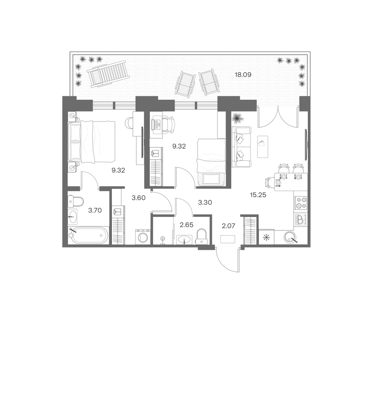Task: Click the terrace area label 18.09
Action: tap(243, 75)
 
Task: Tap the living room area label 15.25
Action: tap(258, 195)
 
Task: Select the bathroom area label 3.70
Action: tap(95, 210)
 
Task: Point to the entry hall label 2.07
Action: tap(228, 226)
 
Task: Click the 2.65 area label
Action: tap(186, 225)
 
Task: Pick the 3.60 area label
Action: tap(139, 198)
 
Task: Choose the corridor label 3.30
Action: tap(205, 202)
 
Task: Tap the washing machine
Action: tap(143, 237)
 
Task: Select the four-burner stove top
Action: tap(301, 203)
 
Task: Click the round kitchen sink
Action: tap(290, 237)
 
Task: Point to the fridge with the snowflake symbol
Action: tap(266, 237)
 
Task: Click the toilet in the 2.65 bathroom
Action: tap(202, 236)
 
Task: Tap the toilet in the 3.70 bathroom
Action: tap(76, 202)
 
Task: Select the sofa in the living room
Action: tap(241, 147)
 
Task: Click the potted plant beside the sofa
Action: tap(238, 118)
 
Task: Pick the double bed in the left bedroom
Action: tap(91, 142)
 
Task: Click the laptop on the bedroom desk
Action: tap(156, 124)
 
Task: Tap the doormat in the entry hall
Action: tap(228, 239)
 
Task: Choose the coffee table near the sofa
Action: tap(263, 147)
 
